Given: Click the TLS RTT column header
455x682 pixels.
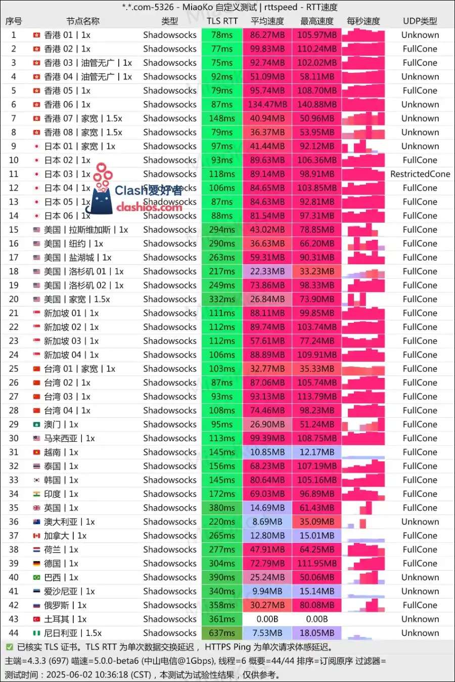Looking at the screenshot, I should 222,21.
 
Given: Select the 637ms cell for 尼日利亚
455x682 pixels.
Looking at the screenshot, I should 222,633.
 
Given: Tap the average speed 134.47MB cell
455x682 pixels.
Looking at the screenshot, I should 267,105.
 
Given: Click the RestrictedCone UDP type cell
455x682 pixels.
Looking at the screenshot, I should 420,174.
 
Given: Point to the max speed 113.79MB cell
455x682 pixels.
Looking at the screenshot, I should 317,397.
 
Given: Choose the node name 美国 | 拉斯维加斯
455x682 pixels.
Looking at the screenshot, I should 86,230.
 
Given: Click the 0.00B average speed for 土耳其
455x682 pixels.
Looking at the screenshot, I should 267,619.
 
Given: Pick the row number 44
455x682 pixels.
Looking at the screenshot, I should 14,633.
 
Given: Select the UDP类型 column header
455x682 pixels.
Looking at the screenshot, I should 420,21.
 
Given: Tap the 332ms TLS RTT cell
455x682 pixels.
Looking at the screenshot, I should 222,300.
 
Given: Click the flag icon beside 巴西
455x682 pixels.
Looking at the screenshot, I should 36,578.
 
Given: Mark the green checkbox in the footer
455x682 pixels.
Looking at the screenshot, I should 9,647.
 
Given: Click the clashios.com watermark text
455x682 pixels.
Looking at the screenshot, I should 149,207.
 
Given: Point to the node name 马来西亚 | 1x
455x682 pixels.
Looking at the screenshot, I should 69,439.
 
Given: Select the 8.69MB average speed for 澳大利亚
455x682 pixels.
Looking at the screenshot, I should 267,522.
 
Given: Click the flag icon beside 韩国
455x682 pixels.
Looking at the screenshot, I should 36,480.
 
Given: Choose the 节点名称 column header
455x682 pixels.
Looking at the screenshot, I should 83,21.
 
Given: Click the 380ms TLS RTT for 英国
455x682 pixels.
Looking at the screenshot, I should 222,508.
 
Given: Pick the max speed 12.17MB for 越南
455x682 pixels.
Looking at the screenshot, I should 317,452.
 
